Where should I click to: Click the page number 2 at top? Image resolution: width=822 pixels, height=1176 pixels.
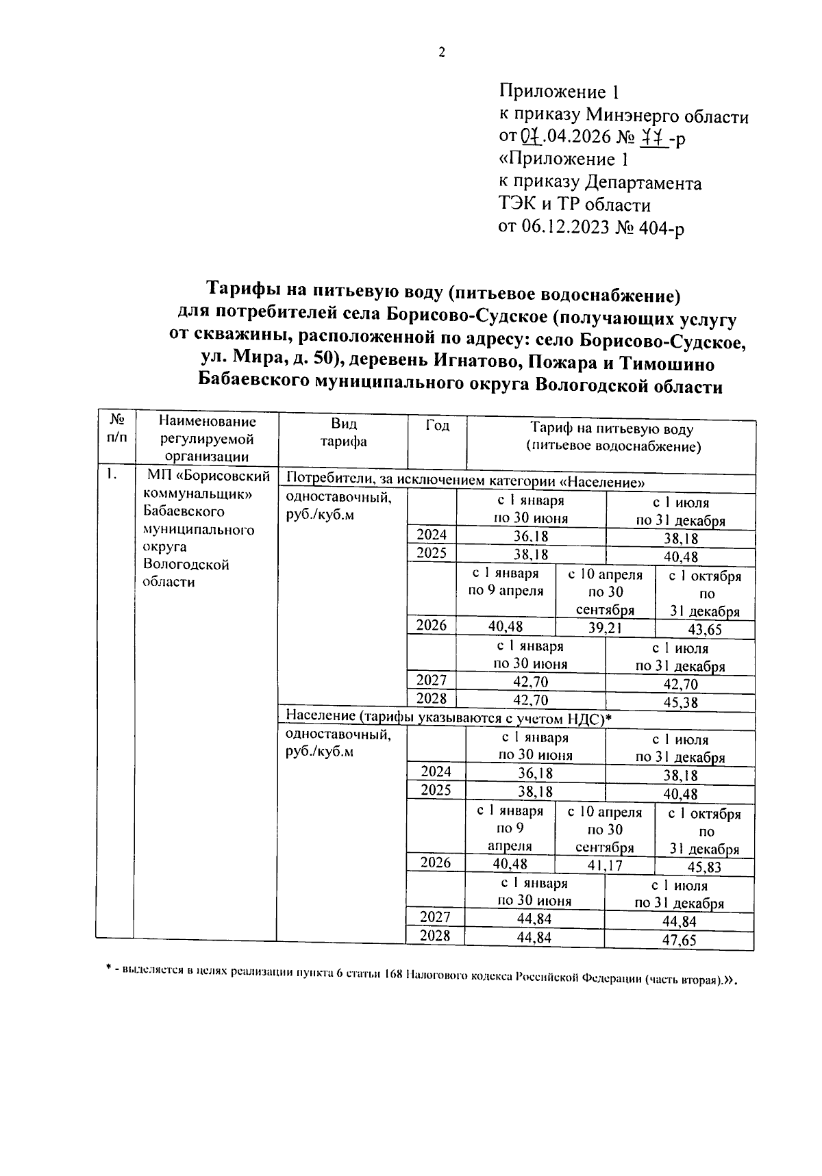pyautogui.click(x=442, y=52)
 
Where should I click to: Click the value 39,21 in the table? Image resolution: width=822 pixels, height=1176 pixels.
pyautogui.click(x=604, y=628)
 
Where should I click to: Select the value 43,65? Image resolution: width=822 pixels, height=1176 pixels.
pyautogui.click(x=705, y=630)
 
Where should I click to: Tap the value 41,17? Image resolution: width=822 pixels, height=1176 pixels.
pyautogui.click(x=603, y=865)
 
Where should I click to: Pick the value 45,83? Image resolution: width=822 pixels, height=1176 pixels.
pyautogui.click(x=705, y=867)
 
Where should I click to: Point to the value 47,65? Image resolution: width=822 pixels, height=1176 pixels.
pyautogui.click(x=679, y=940)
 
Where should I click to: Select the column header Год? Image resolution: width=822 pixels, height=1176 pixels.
pyautogui.click(x=438, y=426)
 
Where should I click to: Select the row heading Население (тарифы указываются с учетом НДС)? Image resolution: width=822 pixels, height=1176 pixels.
pyautogui.click(x=448, y=717)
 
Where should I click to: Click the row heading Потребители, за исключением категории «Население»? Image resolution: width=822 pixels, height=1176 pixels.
pyautogui.click(x=465, y=481)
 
